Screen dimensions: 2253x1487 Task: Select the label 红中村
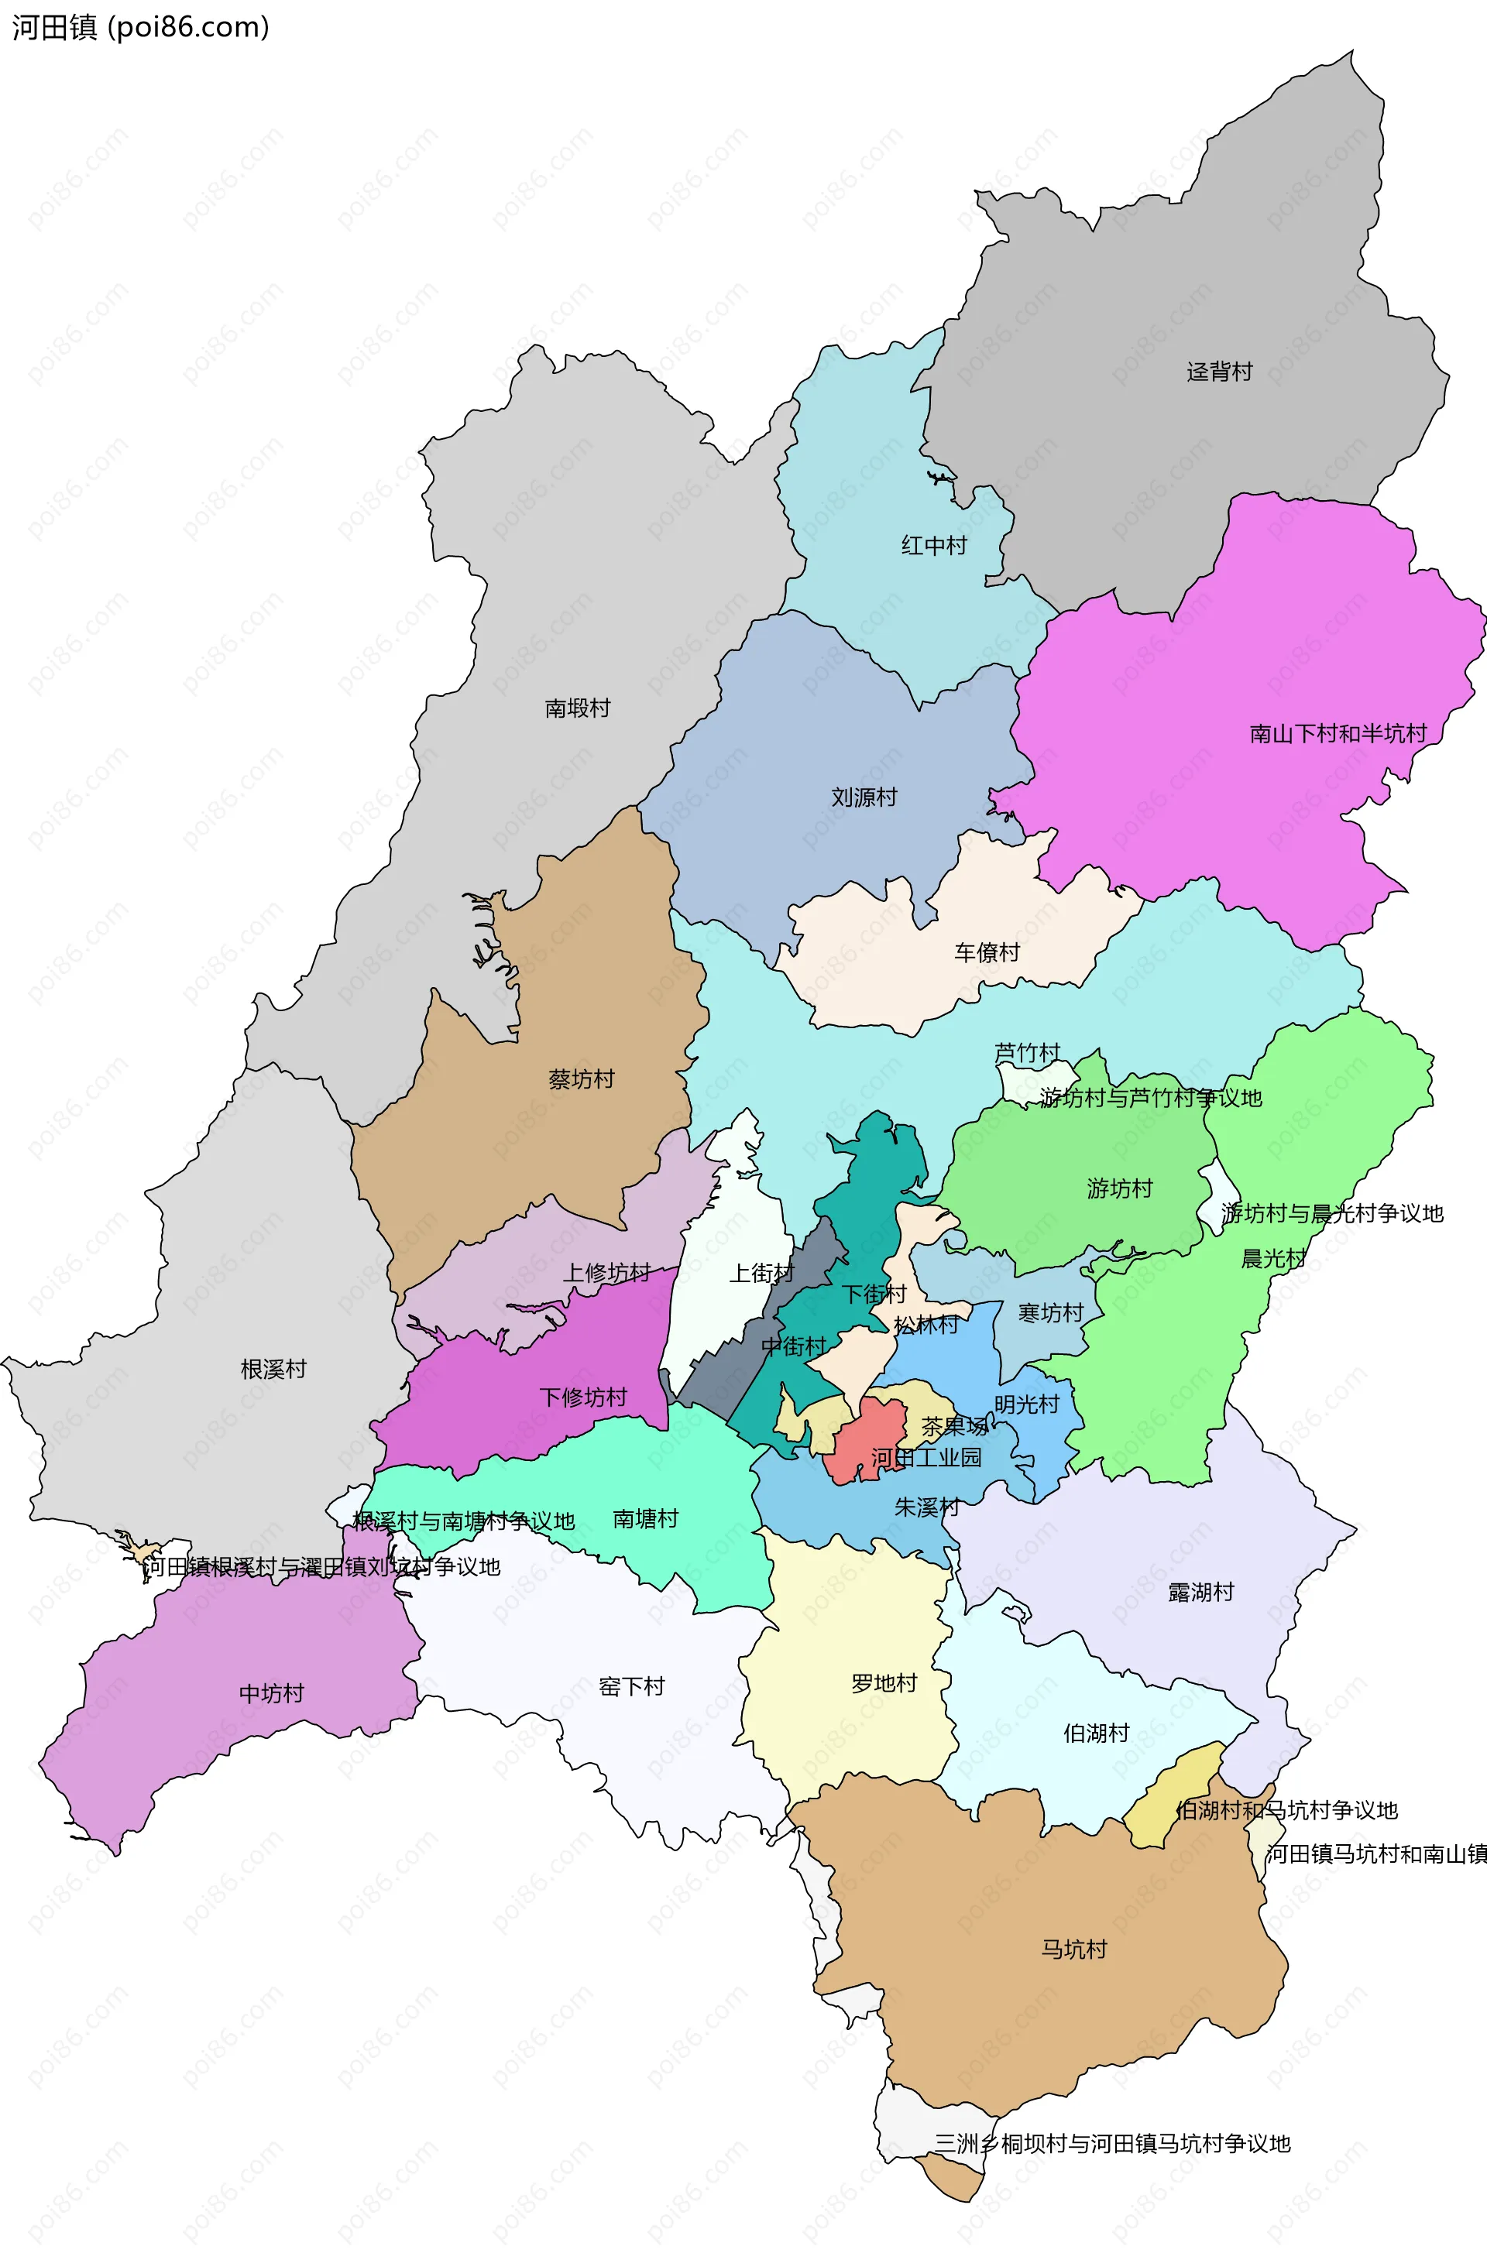933,545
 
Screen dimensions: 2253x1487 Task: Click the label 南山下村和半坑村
1338,732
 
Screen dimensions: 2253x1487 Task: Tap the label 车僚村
986,952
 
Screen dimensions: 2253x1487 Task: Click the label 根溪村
273,1369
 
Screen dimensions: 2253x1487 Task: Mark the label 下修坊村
583,1396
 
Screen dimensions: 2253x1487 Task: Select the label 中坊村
271,1692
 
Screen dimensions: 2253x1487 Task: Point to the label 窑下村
632,1686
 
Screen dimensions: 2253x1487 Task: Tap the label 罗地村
884,1683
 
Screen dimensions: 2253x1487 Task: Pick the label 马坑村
1073,1949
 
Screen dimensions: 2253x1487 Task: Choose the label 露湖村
1200,1591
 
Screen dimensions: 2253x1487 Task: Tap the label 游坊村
1119,1188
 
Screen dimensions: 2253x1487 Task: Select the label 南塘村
645,1518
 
